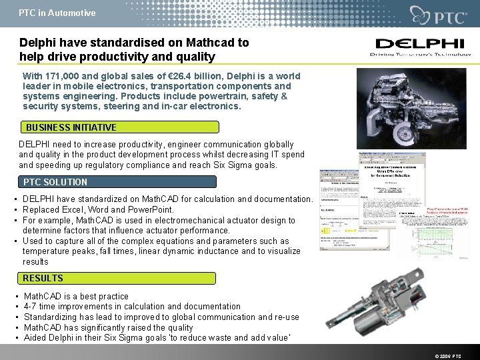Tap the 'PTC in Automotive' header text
pos(57,13)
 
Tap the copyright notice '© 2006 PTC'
pos(446,356)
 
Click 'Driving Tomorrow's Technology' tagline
pos(418,55)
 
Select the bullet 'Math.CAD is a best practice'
pos(76,296)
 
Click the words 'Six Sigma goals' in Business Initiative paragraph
pos(243,165)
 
